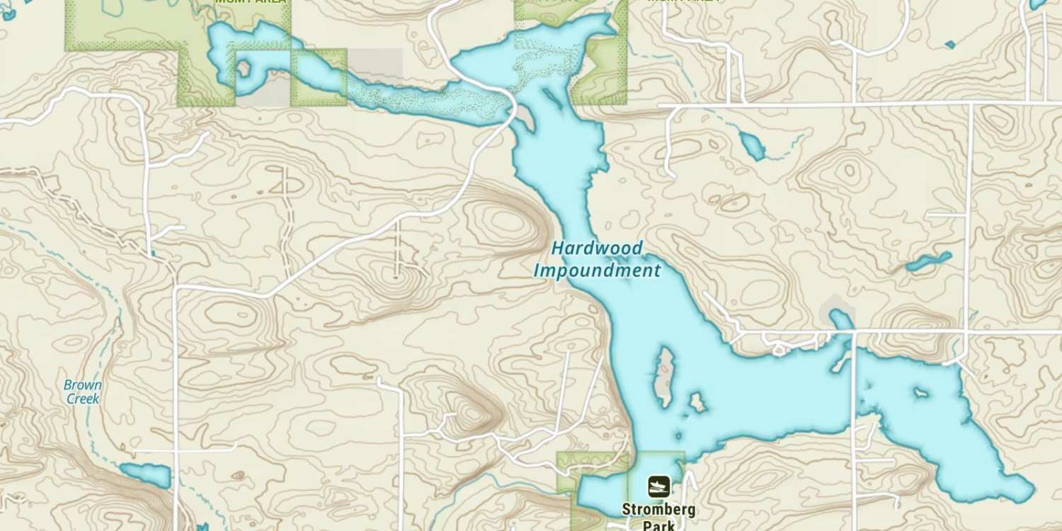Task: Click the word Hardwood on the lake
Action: pos(597,249)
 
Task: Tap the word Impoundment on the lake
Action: pos(597,270)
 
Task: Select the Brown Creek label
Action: pos(83,392)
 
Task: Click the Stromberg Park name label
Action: pos(658,517)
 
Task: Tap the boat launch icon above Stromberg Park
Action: pos(658,486)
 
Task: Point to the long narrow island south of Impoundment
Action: pos(664,377)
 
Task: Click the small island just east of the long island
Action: pos(697,403)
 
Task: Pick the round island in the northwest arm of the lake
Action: pos(244,69)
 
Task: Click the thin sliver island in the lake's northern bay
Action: pos(553,99)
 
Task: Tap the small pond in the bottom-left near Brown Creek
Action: pos(146,475)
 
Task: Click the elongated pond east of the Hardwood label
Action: pos(929,262)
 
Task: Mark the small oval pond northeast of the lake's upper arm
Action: pos(752,145)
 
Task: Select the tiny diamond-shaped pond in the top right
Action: pos(949,45)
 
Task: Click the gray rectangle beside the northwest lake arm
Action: pos(375,64)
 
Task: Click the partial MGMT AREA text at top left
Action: pos(251,2)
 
